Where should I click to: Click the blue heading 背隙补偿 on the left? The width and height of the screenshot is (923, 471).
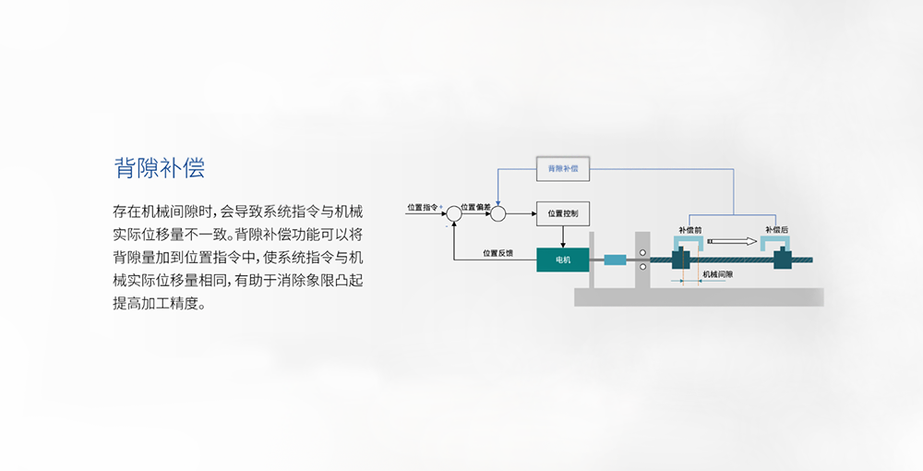[159, 167]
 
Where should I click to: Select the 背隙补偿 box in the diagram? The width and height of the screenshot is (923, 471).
[562, 169]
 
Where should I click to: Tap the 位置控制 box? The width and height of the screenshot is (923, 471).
[562, 213]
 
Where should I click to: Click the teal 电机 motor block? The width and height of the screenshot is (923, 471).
[563, 260]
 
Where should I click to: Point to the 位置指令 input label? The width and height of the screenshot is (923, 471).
[423, 207]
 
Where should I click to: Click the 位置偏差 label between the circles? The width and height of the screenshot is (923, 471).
[476, 207]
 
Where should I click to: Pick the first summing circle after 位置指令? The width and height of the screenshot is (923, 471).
[453, 214]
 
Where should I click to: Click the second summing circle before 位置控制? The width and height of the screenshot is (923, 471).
[498, 214]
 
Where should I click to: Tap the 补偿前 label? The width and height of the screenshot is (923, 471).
[689, 229]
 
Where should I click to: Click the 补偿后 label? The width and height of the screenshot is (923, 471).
[776, 229]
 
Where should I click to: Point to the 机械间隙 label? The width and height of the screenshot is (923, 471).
[717, 274]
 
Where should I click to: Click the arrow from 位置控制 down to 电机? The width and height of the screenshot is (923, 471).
[562, 237]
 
